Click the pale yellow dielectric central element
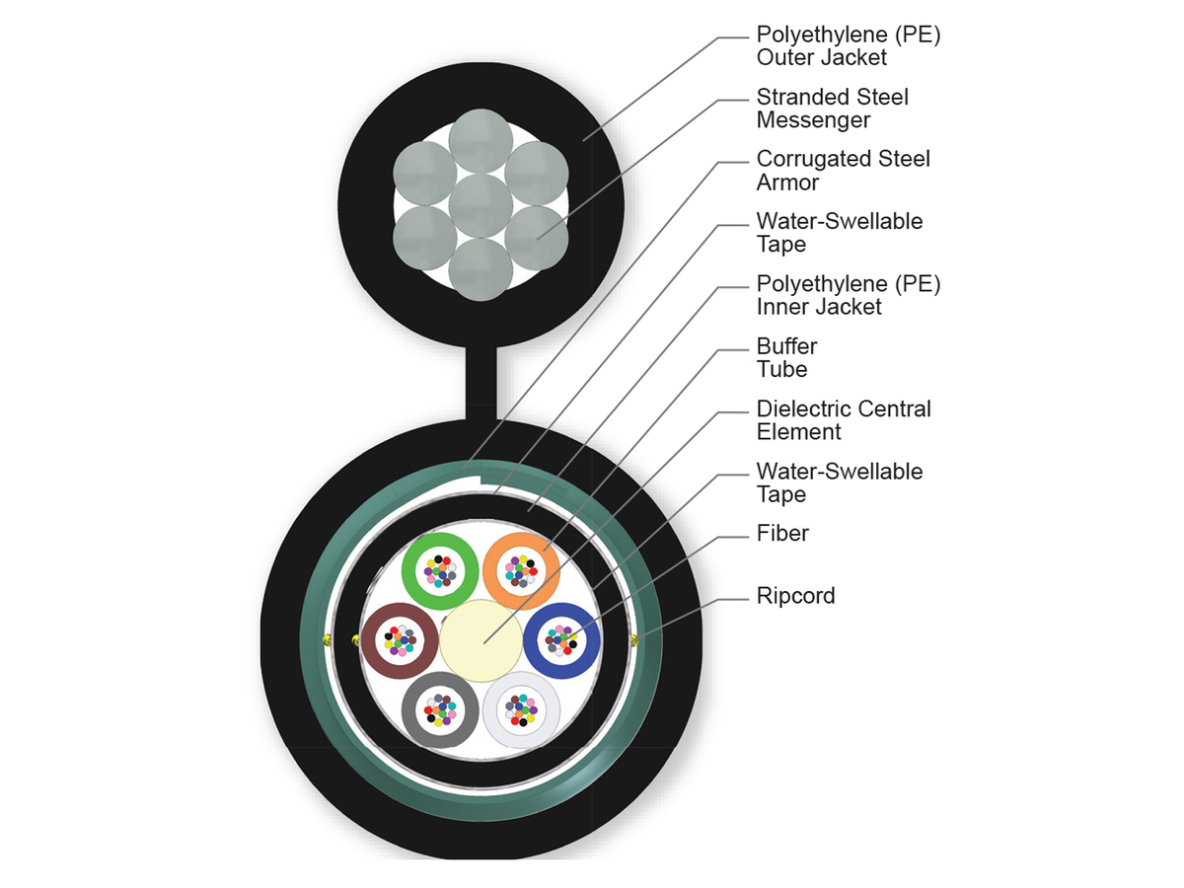pos(481,639)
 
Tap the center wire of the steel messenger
pos(481,205)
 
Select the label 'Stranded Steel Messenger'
pos(832,109)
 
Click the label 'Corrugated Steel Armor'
pos(843,171)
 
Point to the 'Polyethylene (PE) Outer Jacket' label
pos(848,45)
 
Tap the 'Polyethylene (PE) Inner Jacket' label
pos(848,295)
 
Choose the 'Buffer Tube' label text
pos(786,357)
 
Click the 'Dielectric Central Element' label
pos(843,419)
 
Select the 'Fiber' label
pos(782,534)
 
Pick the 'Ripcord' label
pos(795,596)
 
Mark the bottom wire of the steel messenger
pos(481,267)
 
